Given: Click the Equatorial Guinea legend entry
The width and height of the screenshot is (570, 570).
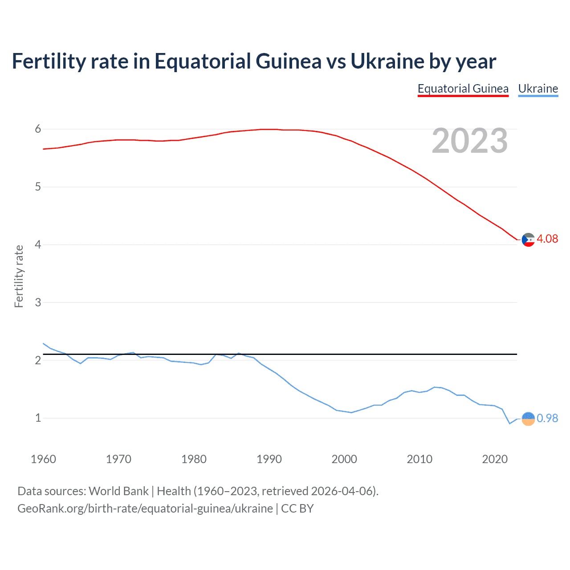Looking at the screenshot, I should point(463,89).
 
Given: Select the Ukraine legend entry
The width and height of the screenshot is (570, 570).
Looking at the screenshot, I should point(538,89).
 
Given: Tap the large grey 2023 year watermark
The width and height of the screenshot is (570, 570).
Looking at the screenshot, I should point(469,141).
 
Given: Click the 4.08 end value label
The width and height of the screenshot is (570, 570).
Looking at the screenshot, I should point(547,239).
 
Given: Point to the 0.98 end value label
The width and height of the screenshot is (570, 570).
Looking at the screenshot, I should point(547,419).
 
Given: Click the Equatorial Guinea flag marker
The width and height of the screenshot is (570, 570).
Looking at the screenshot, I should point(528,240).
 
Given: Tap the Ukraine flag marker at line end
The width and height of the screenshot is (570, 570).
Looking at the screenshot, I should point(528,419).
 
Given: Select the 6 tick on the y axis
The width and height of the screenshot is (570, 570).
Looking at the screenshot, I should point(38,129).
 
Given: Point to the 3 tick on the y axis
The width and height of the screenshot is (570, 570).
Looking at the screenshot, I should point(38,302).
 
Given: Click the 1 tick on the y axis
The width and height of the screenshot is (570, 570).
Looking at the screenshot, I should point(38,418).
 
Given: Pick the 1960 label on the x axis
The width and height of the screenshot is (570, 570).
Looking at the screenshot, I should point(43,459).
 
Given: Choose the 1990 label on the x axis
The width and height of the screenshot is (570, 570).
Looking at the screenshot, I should point(269,459).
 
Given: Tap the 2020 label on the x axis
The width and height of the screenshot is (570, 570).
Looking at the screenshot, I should point(495,459).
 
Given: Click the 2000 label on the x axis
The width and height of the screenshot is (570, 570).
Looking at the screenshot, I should point(344,459).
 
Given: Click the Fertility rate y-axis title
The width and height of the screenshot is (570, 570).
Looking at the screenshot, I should point(19,276).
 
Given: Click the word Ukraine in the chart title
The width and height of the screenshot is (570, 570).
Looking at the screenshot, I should point(387,61).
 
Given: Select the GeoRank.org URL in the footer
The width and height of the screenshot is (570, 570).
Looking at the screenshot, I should point(145,509).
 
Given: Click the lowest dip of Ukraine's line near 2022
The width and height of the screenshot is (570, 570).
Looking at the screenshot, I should point(509,423).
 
